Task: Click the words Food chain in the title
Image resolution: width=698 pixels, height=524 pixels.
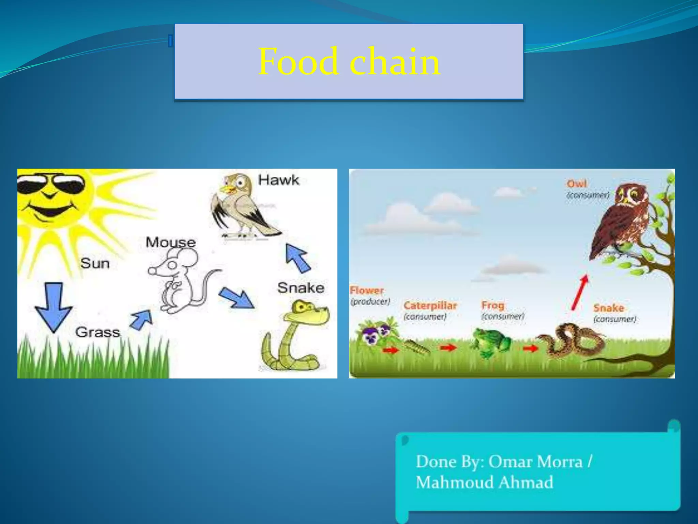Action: [x=349, y=62]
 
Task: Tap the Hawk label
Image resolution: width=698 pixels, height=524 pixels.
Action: [x=278, y=180]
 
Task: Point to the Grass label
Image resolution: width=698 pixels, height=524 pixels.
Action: [x=98, y=332]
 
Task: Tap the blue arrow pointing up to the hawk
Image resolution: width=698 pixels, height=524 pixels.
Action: [x=297, y=258]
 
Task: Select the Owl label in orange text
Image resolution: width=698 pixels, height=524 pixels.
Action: [x=576, y=184]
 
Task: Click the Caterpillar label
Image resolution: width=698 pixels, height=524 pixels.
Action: [x=430, y=305]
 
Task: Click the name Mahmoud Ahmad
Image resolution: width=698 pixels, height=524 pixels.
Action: [x=484, y=482]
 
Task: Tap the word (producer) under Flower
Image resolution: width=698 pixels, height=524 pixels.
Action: [x=370, y=302]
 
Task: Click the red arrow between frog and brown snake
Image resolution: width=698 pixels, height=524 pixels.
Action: [x=530, y=348]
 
